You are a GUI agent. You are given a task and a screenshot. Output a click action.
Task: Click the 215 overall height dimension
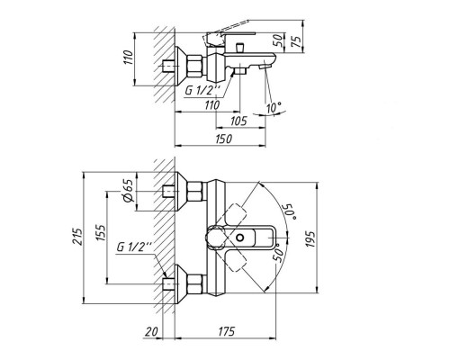pos(79,236)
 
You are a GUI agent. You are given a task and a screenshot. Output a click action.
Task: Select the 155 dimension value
pos(98,236)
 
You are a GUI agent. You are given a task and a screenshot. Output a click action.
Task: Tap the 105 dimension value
pos(238,121)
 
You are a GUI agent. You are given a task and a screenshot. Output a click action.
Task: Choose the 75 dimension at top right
pos(309,42)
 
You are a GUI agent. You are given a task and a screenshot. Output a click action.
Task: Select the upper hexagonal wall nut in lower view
pos(191,191)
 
